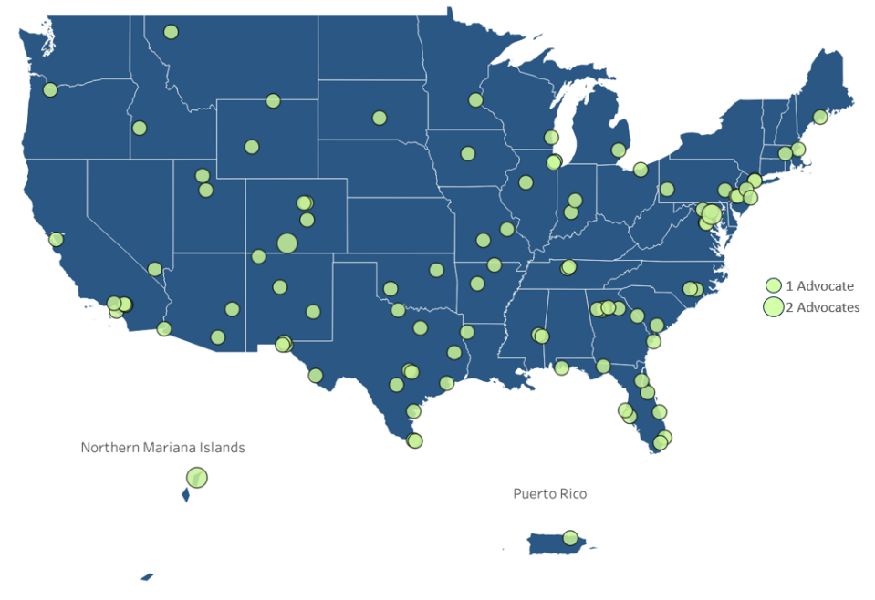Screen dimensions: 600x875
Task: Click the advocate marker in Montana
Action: click(x=171, y=33)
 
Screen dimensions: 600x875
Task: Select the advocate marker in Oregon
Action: click(x=50, y=89)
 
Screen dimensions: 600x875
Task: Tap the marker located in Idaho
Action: click(x=140, y=128)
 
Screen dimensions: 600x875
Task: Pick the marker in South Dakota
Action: click(x=380, y=118)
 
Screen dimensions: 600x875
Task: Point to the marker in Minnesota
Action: click(x=475, y=99)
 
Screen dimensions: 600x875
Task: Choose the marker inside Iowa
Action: click(x=468, y=153)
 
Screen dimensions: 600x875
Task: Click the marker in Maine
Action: click(x=820, y=117)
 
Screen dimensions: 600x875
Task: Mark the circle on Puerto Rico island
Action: click(x=570, y=538)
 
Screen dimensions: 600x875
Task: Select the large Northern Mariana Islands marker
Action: click(x=197, y=477)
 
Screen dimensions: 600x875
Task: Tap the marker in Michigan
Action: click(x=618, y=150)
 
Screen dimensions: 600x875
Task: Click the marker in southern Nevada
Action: click(x=155, y=269)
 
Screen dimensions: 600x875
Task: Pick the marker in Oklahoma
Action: click(x=436, y=270)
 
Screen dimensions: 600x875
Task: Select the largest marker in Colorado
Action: click(x=287, y=243)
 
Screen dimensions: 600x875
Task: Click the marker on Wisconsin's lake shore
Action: click(x=551, y=138)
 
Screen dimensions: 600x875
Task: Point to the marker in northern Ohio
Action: click(x=641, y=170)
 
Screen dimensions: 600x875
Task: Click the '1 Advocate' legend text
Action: click(x=819, y=285)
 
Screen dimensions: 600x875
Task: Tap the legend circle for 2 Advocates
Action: click(x=774, y=307)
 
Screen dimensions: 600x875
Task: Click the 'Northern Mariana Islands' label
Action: click(x=162, y=448)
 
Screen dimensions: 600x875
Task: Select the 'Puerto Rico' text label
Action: click(x=549, y=493)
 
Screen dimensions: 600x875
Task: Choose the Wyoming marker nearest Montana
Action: click(x=273, y=100)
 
